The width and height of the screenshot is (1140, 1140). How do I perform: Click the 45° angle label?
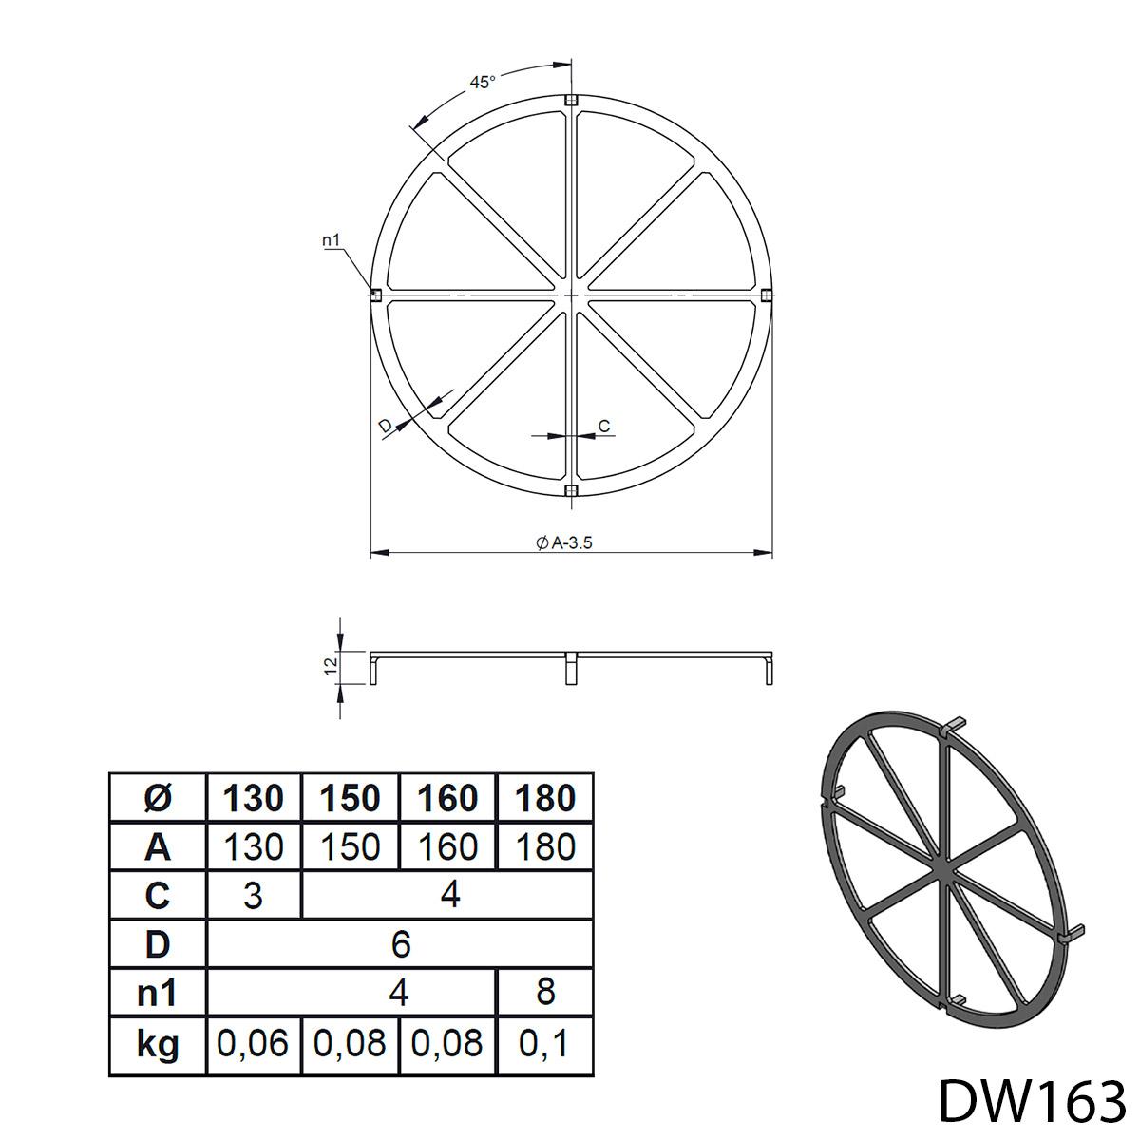click(483, 83)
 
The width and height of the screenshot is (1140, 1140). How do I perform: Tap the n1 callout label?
click(332, 239)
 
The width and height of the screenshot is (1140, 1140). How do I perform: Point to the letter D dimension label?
click(385, 426)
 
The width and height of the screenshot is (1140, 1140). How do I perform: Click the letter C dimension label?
click(604, 426)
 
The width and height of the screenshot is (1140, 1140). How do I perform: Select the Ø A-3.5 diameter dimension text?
click(563, 542)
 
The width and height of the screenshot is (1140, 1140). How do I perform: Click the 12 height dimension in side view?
click(332, 666)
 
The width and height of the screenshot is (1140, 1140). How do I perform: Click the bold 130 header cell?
click(253, 798)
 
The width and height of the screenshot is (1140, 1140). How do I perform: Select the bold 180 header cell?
click(545, 798)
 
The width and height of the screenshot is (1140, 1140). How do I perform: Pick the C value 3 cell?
click(254, 896)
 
